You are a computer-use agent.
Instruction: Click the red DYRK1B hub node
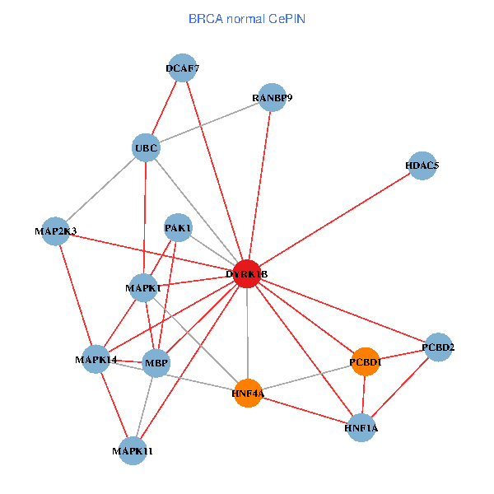point(247,273)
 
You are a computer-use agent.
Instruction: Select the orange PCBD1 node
point(366,361)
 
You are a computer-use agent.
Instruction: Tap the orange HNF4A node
point(248,394)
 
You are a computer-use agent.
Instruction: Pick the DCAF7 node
point(182,68)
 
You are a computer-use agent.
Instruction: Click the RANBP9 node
point(272,98)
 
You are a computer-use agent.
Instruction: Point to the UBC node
point(146,148)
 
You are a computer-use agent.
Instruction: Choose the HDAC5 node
point(422,165)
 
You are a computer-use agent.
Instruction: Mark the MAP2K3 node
point(57,231)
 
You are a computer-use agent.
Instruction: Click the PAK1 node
point(179,227)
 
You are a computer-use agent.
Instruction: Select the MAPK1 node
point(144,288)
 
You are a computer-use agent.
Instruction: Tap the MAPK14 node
point(96,359)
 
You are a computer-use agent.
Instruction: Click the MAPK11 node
point(133,450)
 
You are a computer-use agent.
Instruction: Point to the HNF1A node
point(361,428)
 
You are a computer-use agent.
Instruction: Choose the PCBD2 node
point(438,347)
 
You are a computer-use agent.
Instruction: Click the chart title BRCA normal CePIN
point(247,18)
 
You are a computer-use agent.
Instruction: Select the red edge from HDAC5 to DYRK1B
point(334,219)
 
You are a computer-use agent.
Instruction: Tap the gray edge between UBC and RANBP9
point(208,123)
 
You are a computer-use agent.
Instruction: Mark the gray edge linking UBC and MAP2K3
point(101,189)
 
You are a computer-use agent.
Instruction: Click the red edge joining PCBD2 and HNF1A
point(400,387)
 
